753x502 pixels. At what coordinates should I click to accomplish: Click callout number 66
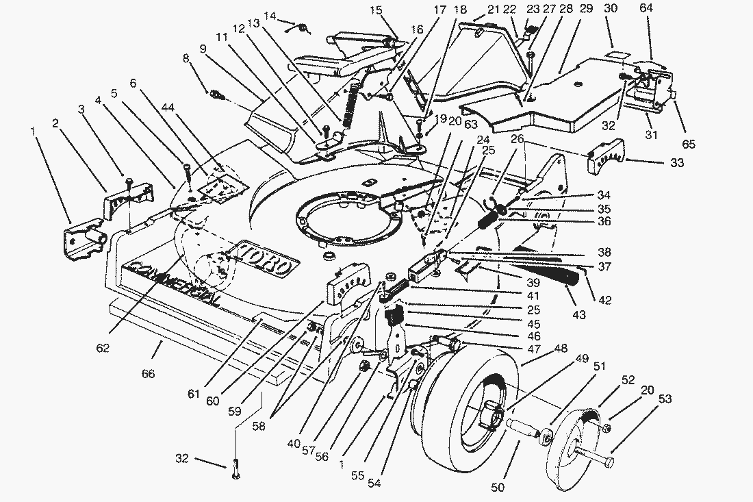click(148, 373)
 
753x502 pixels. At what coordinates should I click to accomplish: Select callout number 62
click(103, 348)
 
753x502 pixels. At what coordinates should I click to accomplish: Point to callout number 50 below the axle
click(498, 487)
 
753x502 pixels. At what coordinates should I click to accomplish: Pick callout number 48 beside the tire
click(561, 348)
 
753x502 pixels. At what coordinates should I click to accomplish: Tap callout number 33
click(676, 163)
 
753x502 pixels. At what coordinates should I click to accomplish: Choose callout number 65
click(688, 144)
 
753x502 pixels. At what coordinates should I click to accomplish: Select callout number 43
click(579, 314)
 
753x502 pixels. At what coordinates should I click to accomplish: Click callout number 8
click(186, 59)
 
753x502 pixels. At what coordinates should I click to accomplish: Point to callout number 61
click(193, 394)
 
